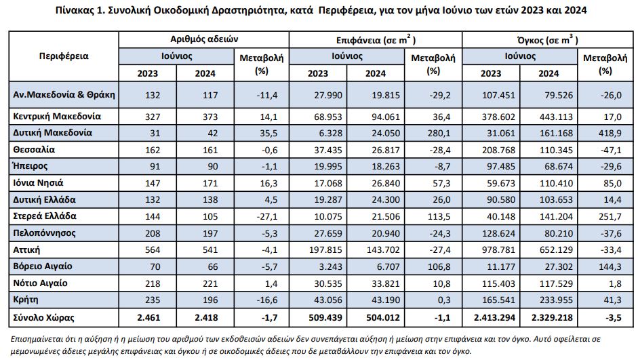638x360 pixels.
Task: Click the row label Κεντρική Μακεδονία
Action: point(57,117)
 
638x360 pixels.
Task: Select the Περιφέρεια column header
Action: point(64,56)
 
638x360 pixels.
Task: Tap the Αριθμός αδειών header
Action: point(204,39)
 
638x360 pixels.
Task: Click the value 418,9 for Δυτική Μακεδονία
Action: point(610,133)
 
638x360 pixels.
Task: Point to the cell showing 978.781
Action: point(498,249)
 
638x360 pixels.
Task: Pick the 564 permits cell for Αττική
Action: point(153,249)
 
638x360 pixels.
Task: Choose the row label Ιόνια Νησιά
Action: point(38,183)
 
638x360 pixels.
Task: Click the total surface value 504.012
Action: point(383,318)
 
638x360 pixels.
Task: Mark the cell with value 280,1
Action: point(439,133)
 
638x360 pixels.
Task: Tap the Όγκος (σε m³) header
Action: point(547,39)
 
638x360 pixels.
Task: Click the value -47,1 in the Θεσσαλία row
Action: point(611,150)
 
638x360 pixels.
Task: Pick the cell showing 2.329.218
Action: point(552,318)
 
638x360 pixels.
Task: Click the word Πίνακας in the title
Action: point(74,10)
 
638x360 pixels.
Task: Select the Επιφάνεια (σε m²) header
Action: point(376,39)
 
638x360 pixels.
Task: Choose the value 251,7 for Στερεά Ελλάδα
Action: point(610,216)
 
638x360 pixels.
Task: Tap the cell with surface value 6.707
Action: point(389,266)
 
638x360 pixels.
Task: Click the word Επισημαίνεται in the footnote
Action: point(34,339)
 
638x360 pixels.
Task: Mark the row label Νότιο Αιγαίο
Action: point(40,283)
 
